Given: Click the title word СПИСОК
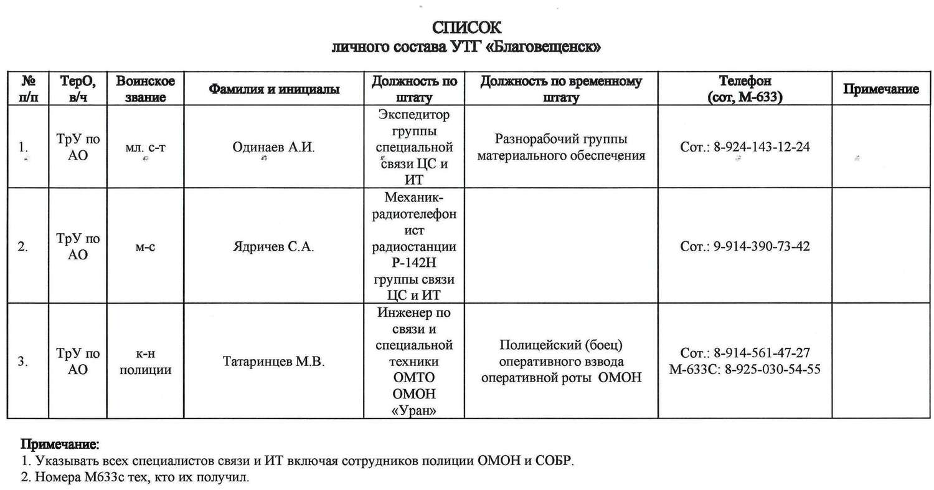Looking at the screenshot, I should click(466, 28).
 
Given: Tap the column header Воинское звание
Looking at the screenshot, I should click(145, 89).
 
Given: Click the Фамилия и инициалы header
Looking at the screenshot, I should click(274, 89).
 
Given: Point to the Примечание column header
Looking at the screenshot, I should click(880, 89).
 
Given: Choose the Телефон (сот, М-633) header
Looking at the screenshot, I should click(745, 89).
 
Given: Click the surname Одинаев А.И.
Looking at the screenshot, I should click(274, 147).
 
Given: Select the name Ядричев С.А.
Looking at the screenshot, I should click(274, 246).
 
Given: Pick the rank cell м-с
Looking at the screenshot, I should click(145, 246).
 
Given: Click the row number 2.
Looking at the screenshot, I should click(23, 246).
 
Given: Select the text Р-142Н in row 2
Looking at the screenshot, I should click(413, 263).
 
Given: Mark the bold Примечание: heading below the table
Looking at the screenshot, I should click(60, 445).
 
